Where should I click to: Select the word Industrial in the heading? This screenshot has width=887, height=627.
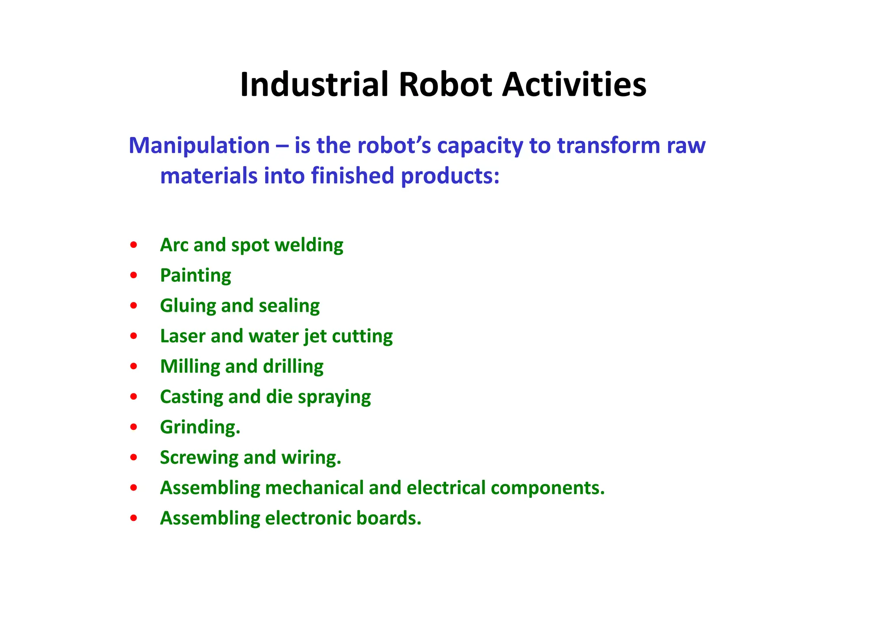[x=314, y=84]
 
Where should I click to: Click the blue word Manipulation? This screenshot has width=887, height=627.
[x=199, y=146]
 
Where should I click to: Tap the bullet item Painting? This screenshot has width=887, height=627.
[x=195, y=276]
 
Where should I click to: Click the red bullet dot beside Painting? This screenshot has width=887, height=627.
[x=134, y=276]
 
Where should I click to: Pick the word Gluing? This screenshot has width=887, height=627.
[x=188, y=306]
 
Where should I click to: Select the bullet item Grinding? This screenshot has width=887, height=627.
[x=200, y=428]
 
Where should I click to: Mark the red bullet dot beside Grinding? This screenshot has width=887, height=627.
[x=134, y=427]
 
